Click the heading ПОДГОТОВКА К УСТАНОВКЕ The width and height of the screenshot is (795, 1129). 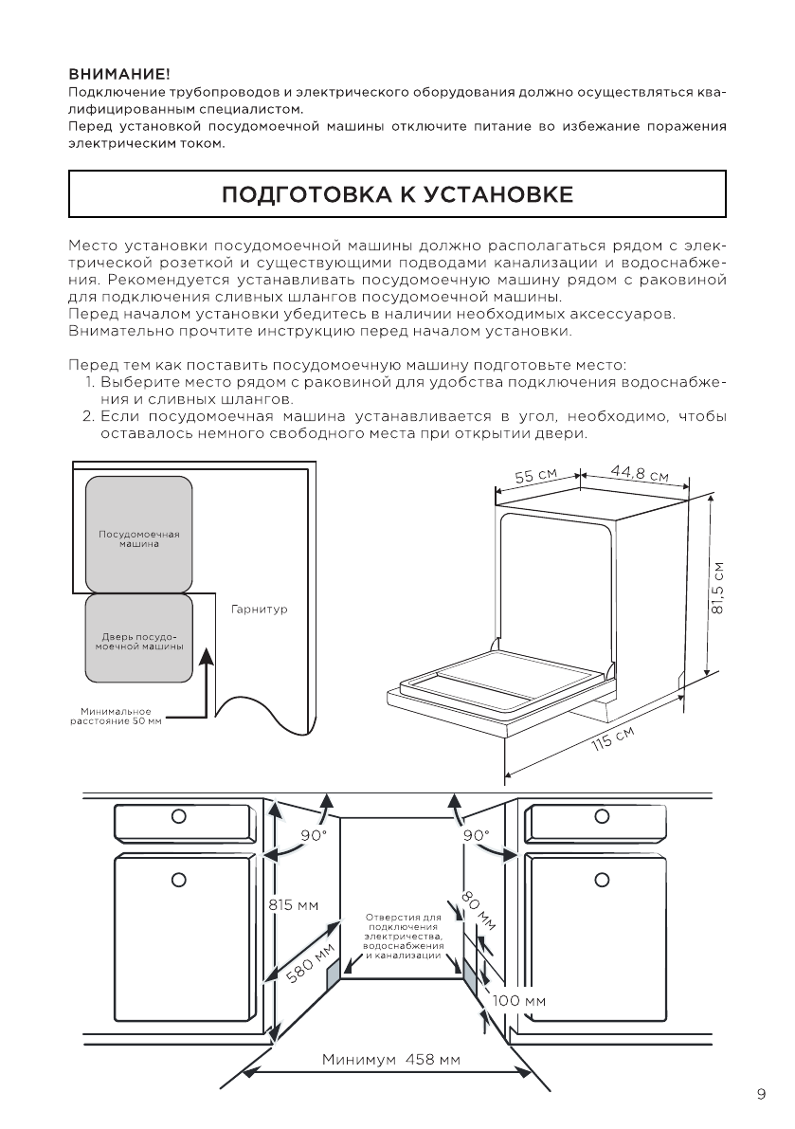click(397, 195)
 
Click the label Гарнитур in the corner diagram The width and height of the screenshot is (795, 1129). click(259, 609)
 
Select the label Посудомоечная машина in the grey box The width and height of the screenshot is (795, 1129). click(138, 538)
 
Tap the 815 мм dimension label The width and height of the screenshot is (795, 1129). click(294, 904)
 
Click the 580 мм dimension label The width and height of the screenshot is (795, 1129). click(312, 964)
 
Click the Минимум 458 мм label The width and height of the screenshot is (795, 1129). click(390, 1059)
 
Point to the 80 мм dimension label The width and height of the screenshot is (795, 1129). click(479, 911)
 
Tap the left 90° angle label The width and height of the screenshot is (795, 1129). click(314, 835)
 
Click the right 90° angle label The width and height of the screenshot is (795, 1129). click(476, 835)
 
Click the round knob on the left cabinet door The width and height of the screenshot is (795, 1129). click(177, 879)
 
